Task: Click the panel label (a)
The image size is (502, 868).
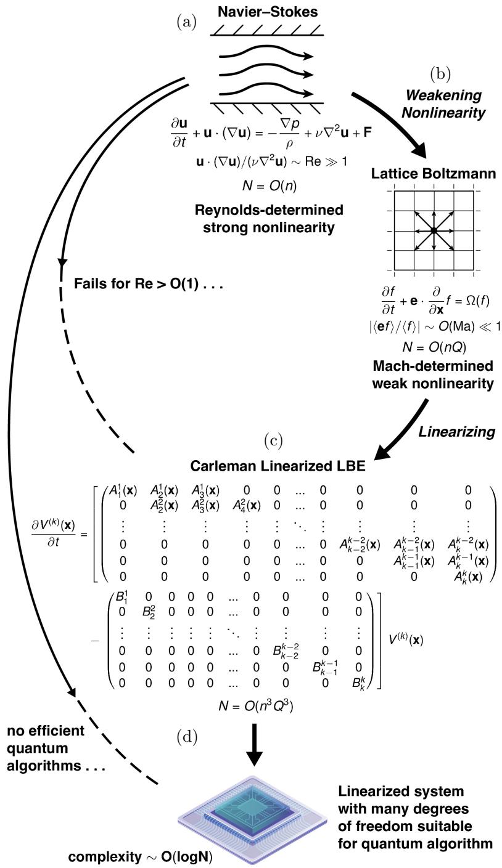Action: pos(187,22)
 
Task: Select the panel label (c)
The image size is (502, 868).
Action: pos(273,441)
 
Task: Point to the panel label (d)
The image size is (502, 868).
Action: pos(187,737)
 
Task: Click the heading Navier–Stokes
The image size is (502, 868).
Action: pos(268,12)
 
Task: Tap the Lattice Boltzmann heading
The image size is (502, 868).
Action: pos(434,173)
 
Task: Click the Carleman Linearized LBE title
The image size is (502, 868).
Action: pos(278,466)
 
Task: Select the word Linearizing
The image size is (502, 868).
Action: pos(456,432)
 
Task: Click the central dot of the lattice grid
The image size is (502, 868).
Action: pos(434,230)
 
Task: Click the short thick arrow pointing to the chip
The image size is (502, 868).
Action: pos(254,744)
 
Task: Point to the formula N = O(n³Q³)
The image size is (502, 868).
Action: pos(256,706)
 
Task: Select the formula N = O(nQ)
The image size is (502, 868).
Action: pos(434,347)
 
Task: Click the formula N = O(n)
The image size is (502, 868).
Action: pos(270,187)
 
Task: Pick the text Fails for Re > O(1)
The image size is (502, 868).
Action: pos(136,284)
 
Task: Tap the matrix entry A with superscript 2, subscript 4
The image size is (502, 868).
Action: pos(246,506)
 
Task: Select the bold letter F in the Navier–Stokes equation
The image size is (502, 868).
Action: pos(367,132)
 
